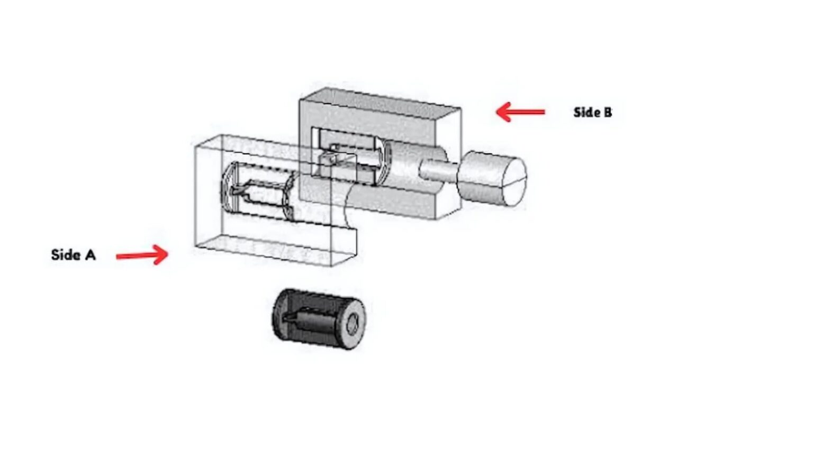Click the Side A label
74,255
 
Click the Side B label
593,113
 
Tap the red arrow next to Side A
142,255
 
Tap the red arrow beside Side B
520,112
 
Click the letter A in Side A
91,255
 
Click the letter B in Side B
608,113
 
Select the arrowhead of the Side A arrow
160,254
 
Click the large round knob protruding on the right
492,178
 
